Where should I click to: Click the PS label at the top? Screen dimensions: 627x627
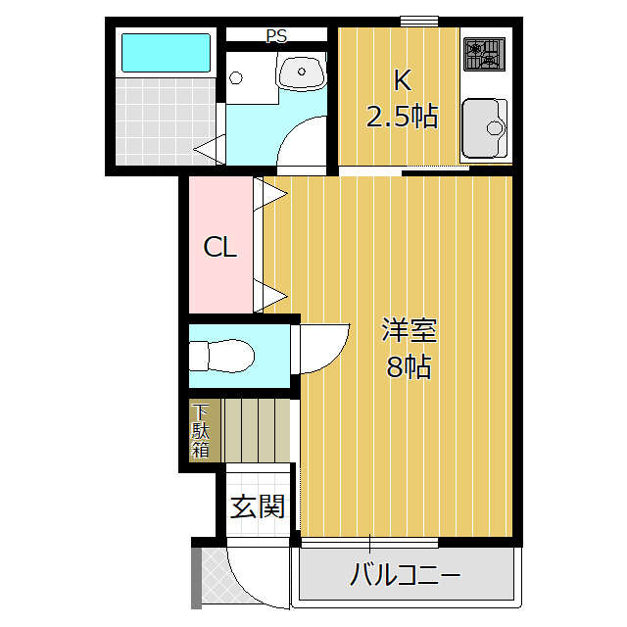pos(276,36)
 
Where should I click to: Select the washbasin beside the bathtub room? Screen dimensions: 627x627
pos(303,71)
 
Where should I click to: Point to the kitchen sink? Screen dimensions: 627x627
pos(485,126)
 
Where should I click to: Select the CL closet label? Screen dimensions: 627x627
pos(220,248)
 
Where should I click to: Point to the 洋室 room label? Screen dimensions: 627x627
pos(410,330)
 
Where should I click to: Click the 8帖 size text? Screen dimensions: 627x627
pos(410,367)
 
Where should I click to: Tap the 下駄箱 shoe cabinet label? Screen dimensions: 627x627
pos(201,431)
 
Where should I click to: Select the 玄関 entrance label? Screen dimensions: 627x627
pos(258,506)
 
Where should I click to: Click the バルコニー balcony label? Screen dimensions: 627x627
pos(405,575)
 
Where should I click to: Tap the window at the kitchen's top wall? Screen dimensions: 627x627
pos(419,21)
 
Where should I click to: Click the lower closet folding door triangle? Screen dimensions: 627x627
pos(271,294)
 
